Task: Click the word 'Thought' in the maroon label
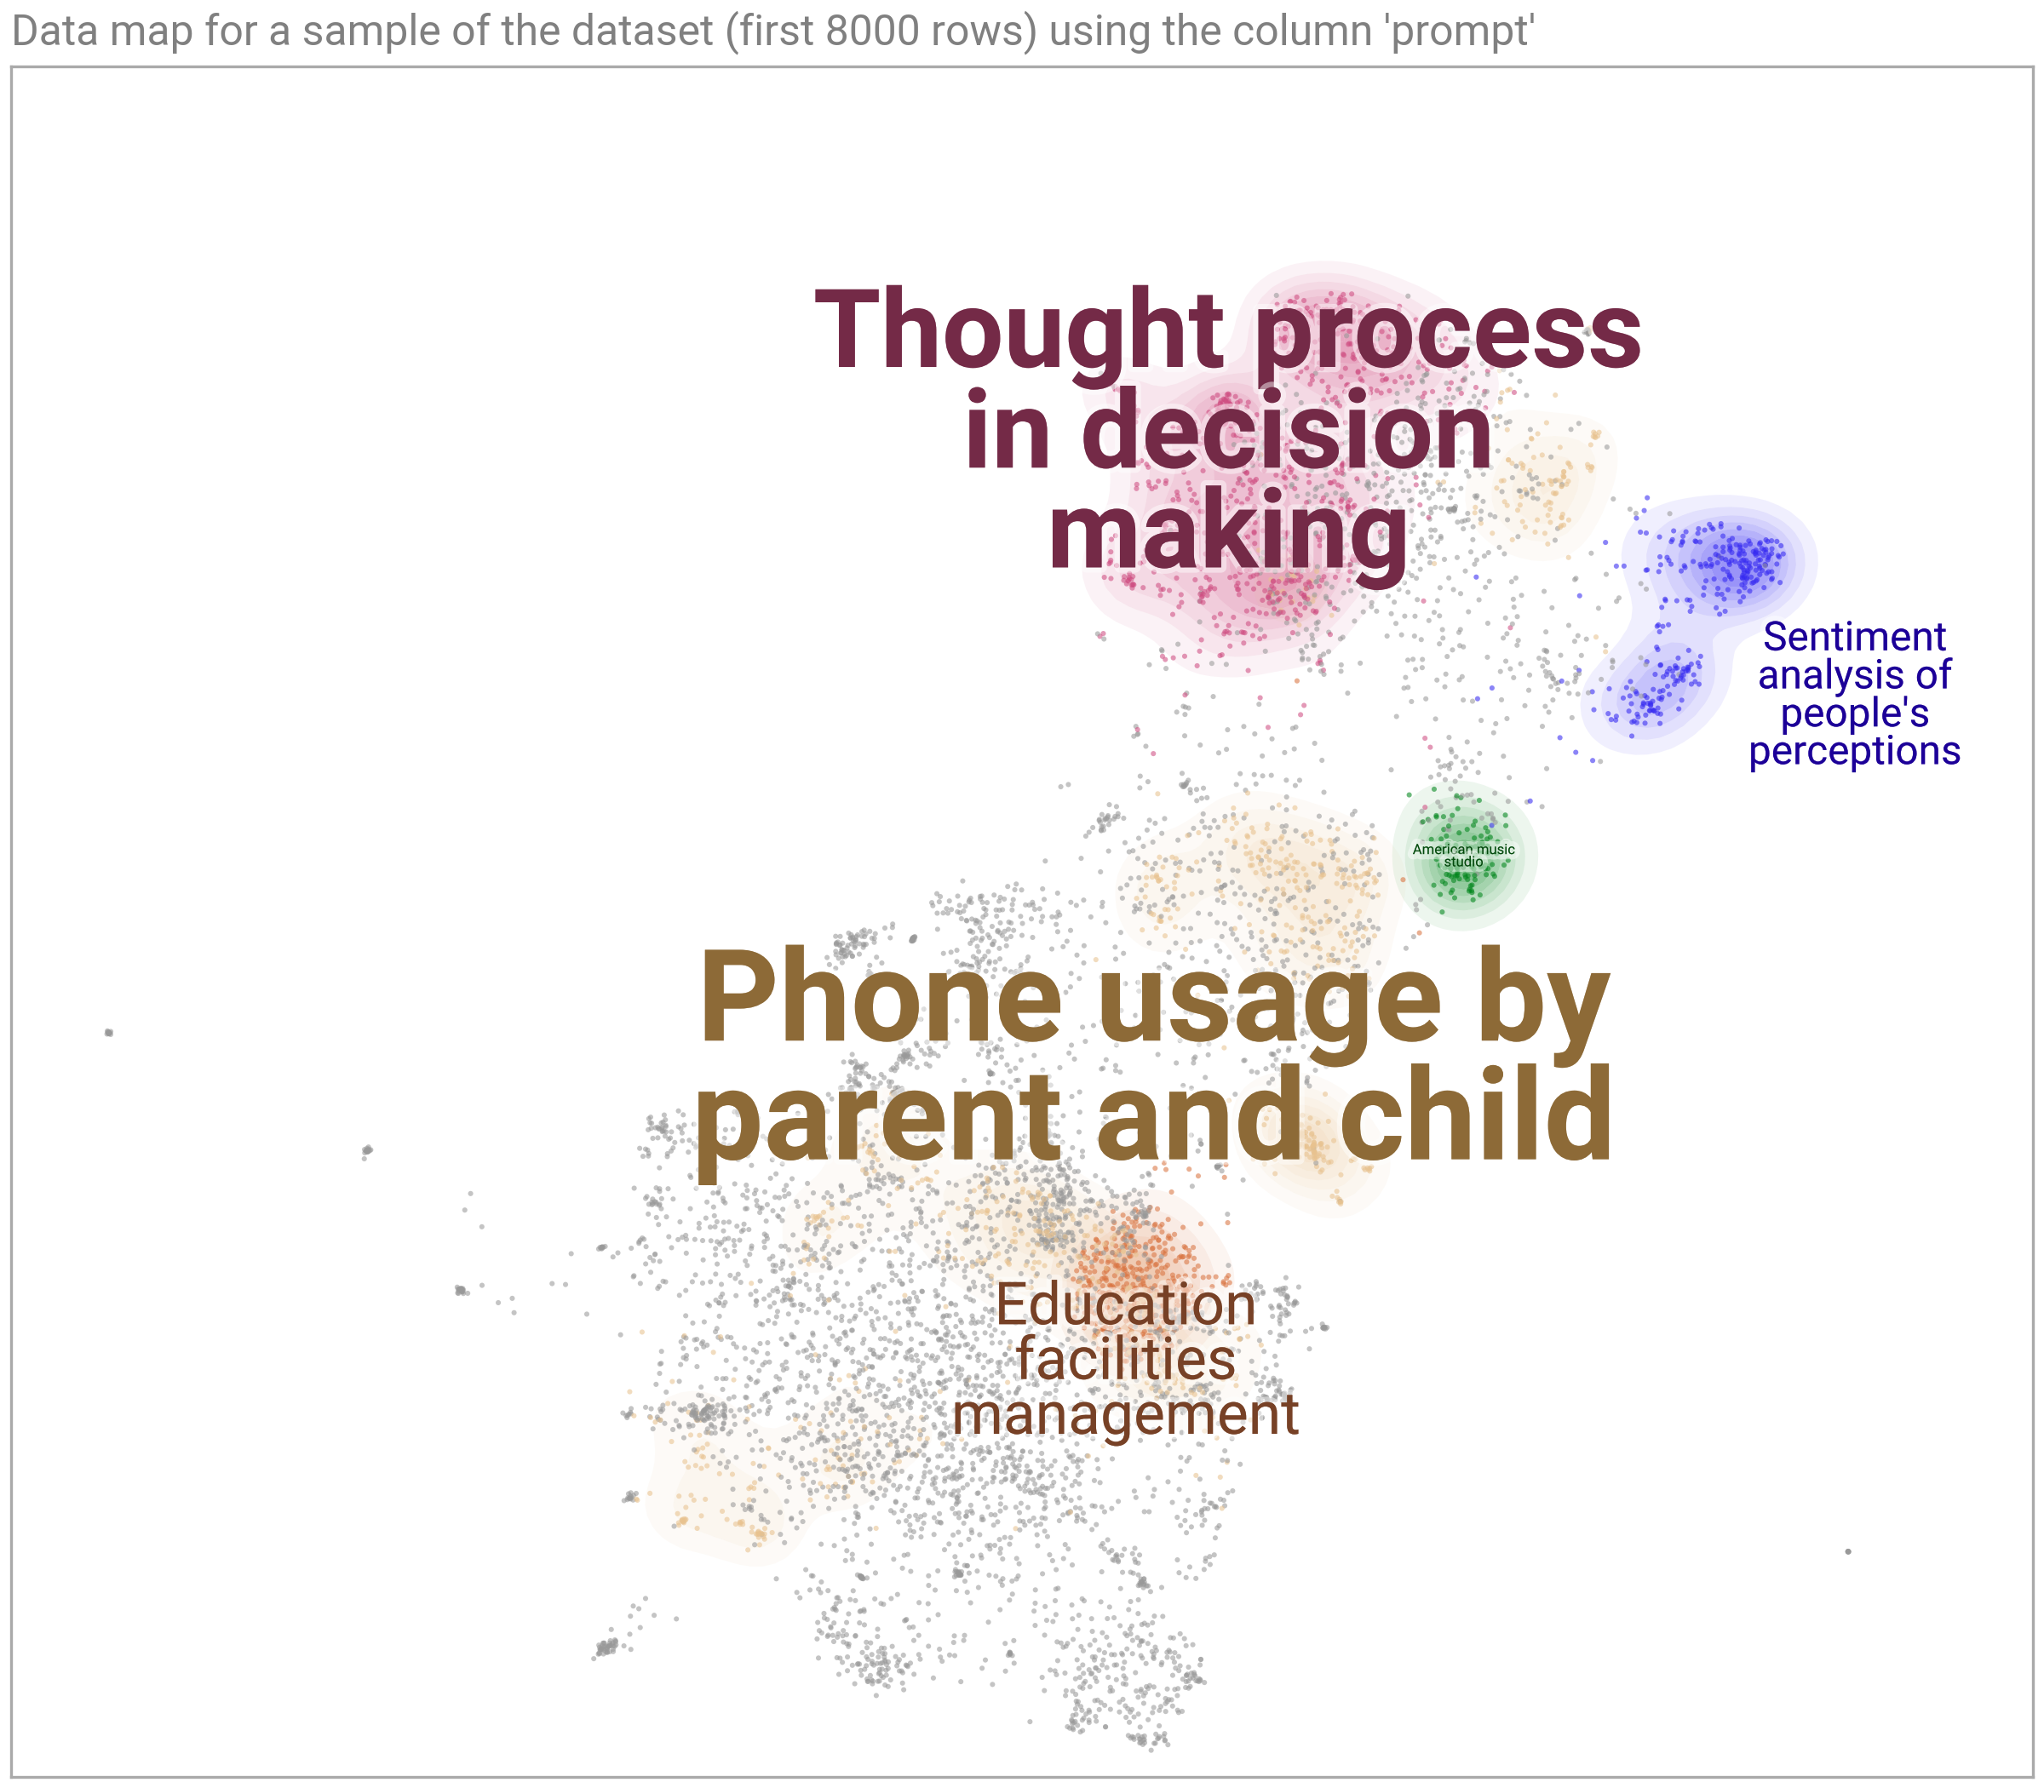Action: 1019,330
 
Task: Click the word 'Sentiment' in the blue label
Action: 1854,637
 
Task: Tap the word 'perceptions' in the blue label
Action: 1854,751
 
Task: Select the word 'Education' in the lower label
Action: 1126,1305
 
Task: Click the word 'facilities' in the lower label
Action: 1126,1359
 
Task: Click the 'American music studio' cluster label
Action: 1464,855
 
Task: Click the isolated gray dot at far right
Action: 1848,1551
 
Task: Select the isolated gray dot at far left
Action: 108,1032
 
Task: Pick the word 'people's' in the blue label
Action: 1854,713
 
